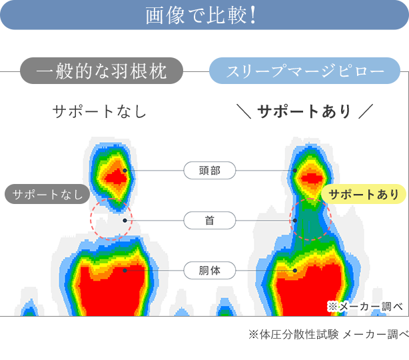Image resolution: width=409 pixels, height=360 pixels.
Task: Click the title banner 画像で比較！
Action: click(204, 15)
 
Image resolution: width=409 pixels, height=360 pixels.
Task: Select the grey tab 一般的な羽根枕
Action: click(101, 71)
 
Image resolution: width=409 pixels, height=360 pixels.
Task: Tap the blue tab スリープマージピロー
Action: click(305, 71)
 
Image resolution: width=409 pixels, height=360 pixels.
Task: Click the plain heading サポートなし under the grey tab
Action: click(99, 111)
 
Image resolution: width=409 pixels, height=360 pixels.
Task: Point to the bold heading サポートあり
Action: click(304, 111)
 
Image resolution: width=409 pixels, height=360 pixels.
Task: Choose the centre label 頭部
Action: click(209, 171)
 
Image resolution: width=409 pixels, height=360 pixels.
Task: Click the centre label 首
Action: click(209, 220)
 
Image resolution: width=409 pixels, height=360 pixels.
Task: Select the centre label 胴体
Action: click(209, 271)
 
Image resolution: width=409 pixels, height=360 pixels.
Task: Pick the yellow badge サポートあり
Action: click(364, 194)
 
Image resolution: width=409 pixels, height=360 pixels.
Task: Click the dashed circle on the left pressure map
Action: click(112, 218)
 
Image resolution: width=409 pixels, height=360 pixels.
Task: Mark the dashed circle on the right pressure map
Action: click(311, 218)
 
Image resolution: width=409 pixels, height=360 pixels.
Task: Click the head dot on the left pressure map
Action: click(125, 171)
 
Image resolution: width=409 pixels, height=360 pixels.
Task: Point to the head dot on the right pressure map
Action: click(295, 171)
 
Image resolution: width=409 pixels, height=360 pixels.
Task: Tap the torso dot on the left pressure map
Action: click(125, 271)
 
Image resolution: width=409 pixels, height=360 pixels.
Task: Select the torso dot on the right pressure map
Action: click(295, 271)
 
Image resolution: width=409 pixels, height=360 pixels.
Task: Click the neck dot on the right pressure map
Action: click(295, 220)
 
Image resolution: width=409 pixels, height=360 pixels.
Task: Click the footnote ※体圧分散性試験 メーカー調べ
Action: click(328, 334)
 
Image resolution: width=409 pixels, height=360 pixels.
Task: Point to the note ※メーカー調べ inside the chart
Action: click(365, 306)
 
